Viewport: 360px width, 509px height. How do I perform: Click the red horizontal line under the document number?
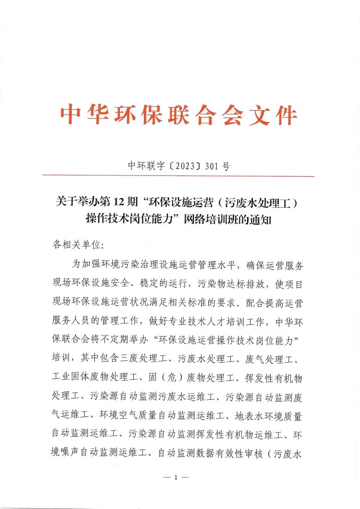pyautogui.click(x=178, y=176)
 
